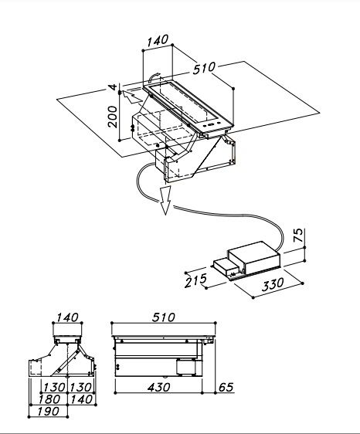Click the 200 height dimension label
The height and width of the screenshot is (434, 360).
coord(113,117)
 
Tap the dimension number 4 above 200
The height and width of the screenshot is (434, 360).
coord(113,87)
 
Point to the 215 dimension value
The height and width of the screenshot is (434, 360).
coord(195,280)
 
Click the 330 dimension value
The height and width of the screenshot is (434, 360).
coord(273,284)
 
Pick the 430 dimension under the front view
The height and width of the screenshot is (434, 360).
coord(158,387)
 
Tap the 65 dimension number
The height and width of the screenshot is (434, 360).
coord(226,387)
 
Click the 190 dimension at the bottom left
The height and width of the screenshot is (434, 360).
coord(48,412)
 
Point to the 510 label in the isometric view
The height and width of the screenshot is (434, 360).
coord(204,68)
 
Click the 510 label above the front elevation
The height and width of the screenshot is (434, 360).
coord(164,317)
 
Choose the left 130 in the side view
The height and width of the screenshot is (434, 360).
coord(54,387)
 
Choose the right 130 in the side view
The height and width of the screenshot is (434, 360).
coord(80,387)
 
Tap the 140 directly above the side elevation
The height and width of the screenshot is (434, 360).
coord(67,317)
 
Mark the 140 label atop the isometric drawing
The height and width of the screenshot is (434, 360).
coord(158,41)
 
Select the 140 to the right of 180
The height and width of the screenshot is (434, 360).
coord(81,399)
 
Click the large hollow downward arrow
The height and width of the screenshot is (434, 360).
coord(165,200)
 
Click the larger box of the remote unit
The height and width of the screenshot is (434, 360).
coord(254,258)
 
